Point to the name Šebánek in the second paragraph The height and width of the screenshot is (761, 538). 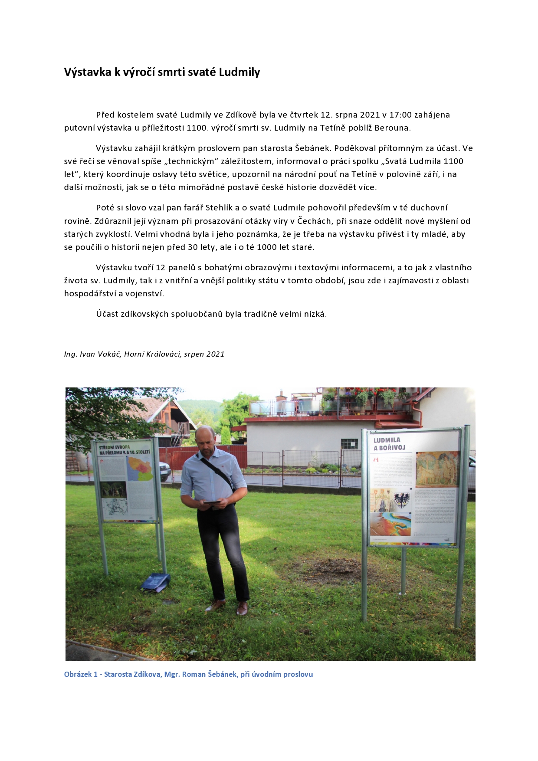pyautogui.click(x=313, y=148)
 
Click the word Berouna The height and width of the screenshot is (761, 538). pyautogui.click(x=392, y=128)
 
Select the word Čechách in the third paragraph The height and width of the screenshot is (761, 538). pyautogui.click(x=314, y=221)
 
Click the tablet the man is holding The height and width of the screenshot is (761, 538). pyautogui.click(x=212, y=502)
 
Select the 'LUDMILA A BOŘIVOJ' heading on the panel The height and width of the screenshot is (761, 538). pyautogui.click(x=390, y=444)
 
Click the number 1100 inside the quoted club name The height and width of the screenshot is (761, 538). pyautogui.click(x=453, y=161)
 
